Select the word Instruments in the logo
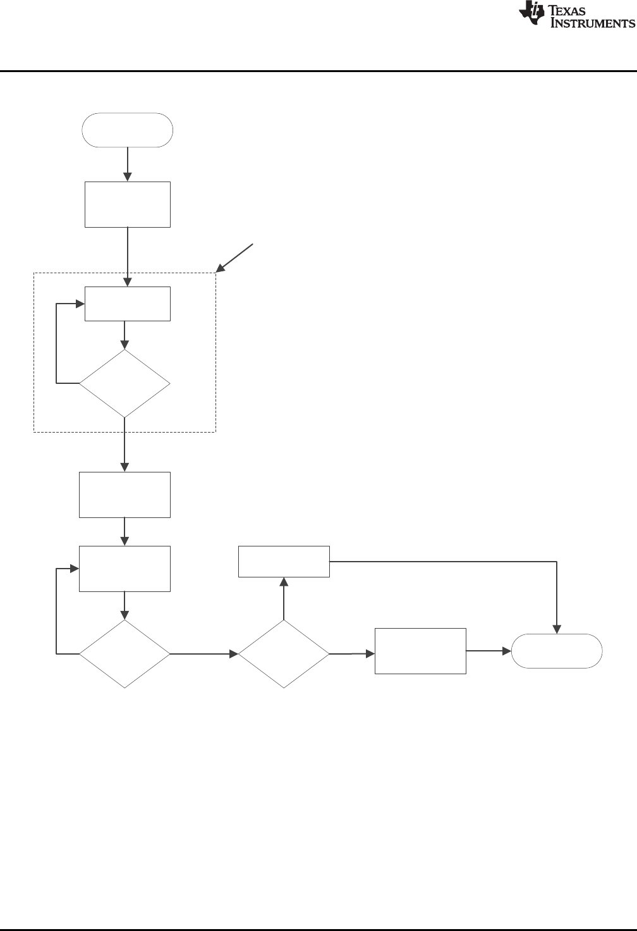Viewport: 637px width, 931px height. pos(593,24)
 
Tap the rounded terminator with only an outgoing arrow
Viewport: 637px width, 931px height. pos(128,130)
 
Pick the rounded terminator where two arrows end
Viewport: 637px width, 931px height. pos(557,651)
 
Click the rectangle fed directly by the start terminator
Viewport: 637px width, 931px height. pos(128,204)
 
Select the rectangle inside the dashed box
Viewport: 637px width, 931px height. pos(128,304)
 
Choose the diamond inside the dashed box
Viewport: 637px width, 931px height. pos(124,383)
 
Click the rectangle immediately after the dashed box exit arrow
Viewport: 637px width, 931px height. pos(124,495)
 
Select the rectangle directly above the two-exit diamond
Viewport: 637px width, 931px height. pos(284,561)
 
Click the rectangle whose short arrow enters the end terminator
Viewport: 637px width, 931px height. pos(420,651)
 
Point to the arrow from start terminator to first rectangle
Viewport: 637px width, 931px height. pos(128,164)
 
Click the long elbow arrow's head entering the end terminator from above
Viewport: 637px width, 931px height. pos(557,629)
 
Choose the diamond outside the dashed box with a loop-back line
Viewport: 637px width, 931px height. pos(124,653)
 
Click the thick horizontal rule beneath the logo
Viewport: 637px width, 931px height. pos(318,71)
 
